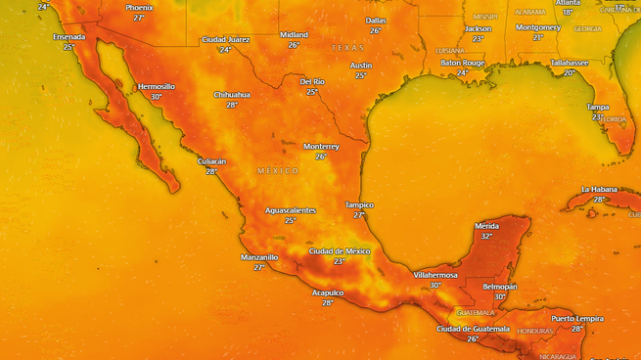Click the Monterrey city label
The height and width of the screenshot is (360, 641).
(321, 146)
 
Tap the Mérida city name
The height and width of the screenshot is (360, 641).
(486, 226)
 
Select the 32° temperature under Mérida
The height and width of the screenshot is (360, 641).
(486, 236)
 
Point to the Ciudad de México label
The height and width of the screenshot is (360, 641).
(340, 251)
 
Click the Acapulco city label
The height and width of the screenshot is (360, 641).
(327, 292)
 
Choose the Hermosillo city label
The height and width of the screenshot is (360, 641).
(156, 86)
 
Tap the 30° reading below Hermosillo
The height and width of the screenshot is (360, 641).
(156, 97)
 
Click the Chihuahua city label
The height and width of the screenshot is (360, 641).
(232, 94)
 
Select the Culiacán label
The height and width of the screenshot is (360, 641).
(211, 160)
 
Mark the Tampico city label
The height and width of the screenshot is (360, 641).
(359, 204)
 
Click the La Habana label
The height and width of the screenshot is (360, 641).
(600, 189)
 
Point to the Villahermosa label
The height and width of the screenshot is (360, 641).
(435, 275)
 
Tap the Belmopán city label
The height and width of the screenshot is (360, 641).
(500, 287)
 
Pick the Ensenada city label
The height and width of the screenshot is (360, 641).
(69, 36)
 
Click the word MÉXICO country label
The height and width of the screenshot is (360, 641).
(278, 170)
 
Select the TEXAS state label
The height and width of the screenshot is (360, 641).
(346, 47)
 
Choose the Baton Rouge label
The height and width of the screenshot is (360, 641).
(463, 62)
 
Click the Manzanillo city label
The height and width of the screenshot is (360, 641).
(259, 256)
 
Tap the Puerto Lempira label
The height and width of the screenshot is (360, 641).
(577, 318)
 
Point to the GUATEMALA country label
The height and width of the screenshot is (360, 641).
(477, 312)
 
